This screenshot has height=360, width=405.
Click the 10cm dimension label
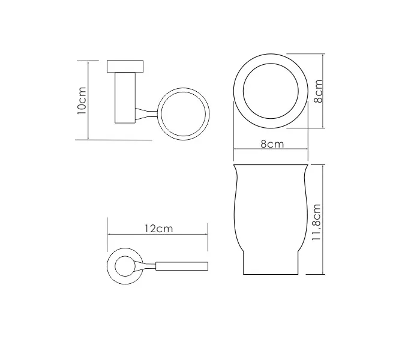83,100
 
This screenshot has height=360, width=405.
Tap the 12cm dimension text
158,229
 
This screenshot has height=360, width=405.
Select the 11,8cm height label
317,223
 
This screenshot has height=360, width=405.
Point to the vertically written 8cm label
318,91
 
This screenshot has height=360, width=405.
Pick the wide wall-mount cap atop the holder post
125,66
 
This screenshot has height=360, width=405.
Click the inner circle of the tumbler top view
271,91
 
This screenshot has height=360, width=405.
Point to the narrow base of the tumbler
271,264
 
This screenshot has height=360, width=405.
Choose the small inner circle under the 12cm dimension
124,265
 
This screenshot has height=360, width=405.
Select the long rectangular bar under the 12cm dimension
182,265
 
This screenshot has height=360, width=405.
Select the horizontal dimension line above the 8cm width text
271,150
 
